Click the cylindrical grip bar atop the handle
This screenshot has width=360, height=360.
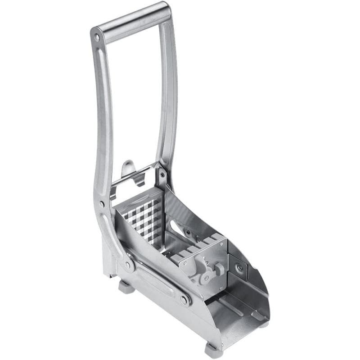tap(134, 22)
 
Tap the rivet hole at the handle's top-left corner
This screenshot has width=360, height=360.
tap(97, 37)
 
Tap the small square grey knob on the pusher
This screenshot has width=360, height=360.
tap(220, 269)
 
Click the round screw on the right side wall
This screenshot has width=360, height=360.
tap(240, 268)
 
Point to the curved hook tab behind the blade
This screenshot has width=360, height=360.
tap(129, 169)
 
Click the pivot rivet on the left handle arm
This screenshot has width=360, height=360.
tap(102, 204)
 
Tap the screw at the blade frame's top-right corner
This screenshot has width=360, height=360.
tap(162, 172)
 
